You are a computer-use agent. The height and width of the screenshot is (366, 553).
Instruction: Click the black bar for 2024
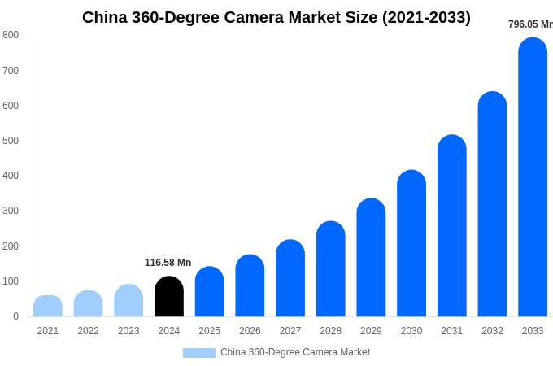[x=169, y=297]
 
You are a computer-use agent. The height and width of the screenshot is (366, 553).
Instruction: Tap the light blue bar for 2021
[x=48, y=307]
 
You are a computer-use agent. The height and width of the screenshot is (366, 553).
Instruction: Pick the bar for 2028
[x=331, y=269]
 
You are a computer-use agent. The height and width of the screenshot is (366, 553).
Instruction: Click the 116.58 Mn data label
[x=168, y=263]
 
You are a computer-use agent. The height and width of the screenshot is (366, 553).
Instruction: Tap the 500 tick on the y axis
[x=11, y=141]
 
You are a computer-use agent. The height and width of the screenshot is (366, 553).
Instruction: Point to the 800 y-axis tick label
[x=11, y=35]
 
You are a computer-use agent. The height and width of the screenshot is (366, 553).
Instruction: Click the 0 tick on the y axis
[x=15, y=316]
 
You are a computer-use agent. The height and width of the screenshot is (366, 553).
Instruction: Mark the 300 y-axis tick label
[x=11, y=211]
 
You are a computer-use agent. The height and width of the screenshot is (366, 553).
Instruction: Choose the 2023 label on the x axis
[x=128, y=331]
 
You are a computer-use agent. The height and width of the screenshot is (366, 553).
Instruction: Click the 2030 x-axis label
[x=411, y=331]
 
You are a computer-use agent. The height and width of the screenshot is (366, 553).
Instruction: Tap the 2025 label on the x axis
[x=209, y=331]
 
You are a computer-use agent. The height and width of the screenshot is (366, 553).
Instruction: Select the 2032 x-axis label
[x=492, y=331]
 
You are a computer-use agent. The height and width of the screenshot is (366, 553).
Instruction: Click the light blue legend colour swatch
[x=199, y=353]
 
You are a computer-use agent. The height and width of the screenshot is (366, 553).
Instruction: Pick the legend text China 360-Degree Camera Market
[x=295, y=352]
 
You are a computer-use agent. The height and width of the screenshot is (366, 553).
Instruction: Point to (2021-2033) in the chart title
[x=426, y=17]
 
